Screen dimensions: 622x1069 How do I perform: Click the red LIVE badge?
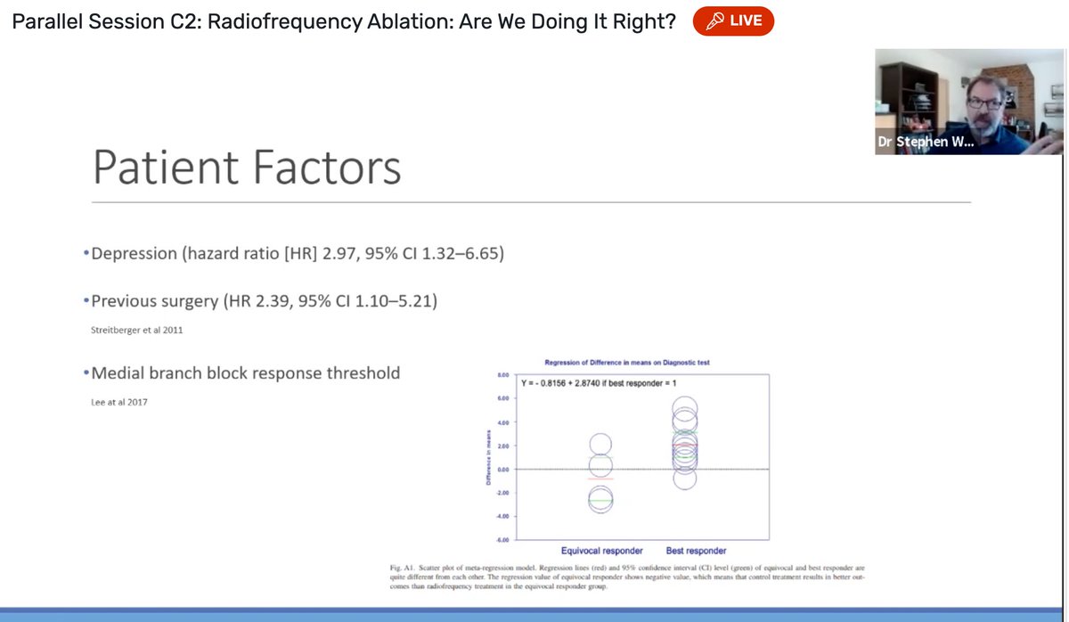[x=733, y=20]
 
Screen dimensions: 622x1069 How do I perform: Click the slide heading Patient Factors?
[x=247, y=168]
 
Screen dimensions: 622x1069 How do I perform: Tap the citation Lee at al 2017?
[x=120, y=402]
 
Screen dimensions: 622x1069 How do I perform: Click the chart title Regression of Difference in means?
[x=632, y=362]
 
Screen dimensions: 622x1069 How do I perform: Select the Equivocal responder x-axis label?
[x=601, y=550]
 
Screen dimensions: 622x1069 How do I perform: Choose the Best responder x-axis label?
[x=696, y=550]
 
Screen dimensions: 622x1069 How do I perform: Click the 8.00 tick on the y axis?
[x=503, y=376]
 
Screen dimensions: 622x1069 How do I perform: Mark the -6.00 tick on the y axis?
[x=502, y=539]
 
